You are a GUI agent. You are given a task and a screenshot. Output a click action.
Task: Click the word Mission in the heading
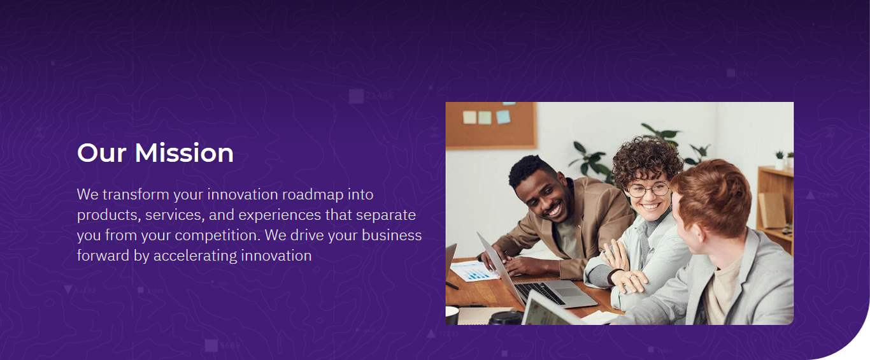tap(184, 153)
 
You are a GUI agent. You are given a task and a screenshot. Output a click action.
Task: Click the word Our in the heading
tap(102, 153)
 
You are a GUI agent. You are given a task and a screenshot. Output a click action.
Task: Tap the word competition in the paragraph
tap(218, 235)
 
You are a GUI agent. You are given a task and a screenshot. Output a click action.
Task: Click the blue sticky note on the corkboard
tap(503, 117)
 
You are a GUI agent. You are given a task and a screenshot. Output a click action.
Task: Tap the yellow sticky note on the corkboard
tap(469, 117)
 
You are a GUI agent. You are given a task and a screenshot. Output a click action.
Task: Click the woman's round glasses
tap(648, 190)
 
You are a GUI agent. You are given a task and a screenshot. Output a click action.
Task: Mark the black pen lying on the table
tap(452, 285)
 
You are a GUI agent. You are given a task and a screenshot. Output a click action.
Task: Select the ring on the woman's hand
tap(630, 277)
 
